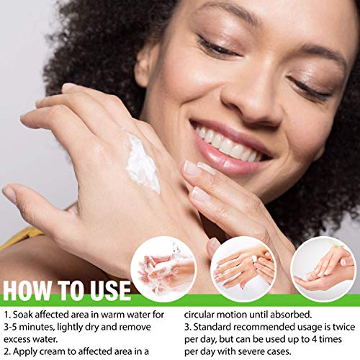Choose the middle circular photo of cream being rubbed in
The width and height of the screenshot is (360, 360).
tap(243, 269)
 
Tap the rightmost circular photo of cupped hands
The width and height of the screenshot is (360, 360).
tap(322, 269)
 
